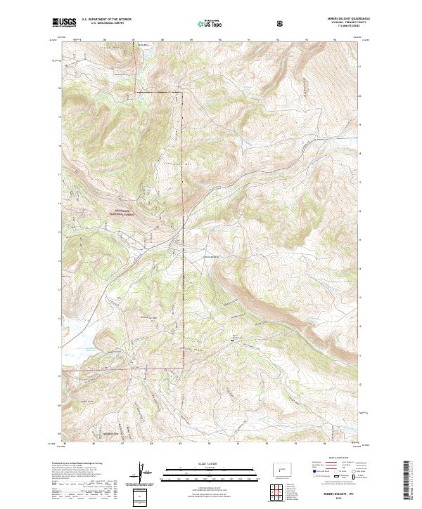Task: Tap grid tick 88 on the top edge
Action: tap(162, 40)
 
